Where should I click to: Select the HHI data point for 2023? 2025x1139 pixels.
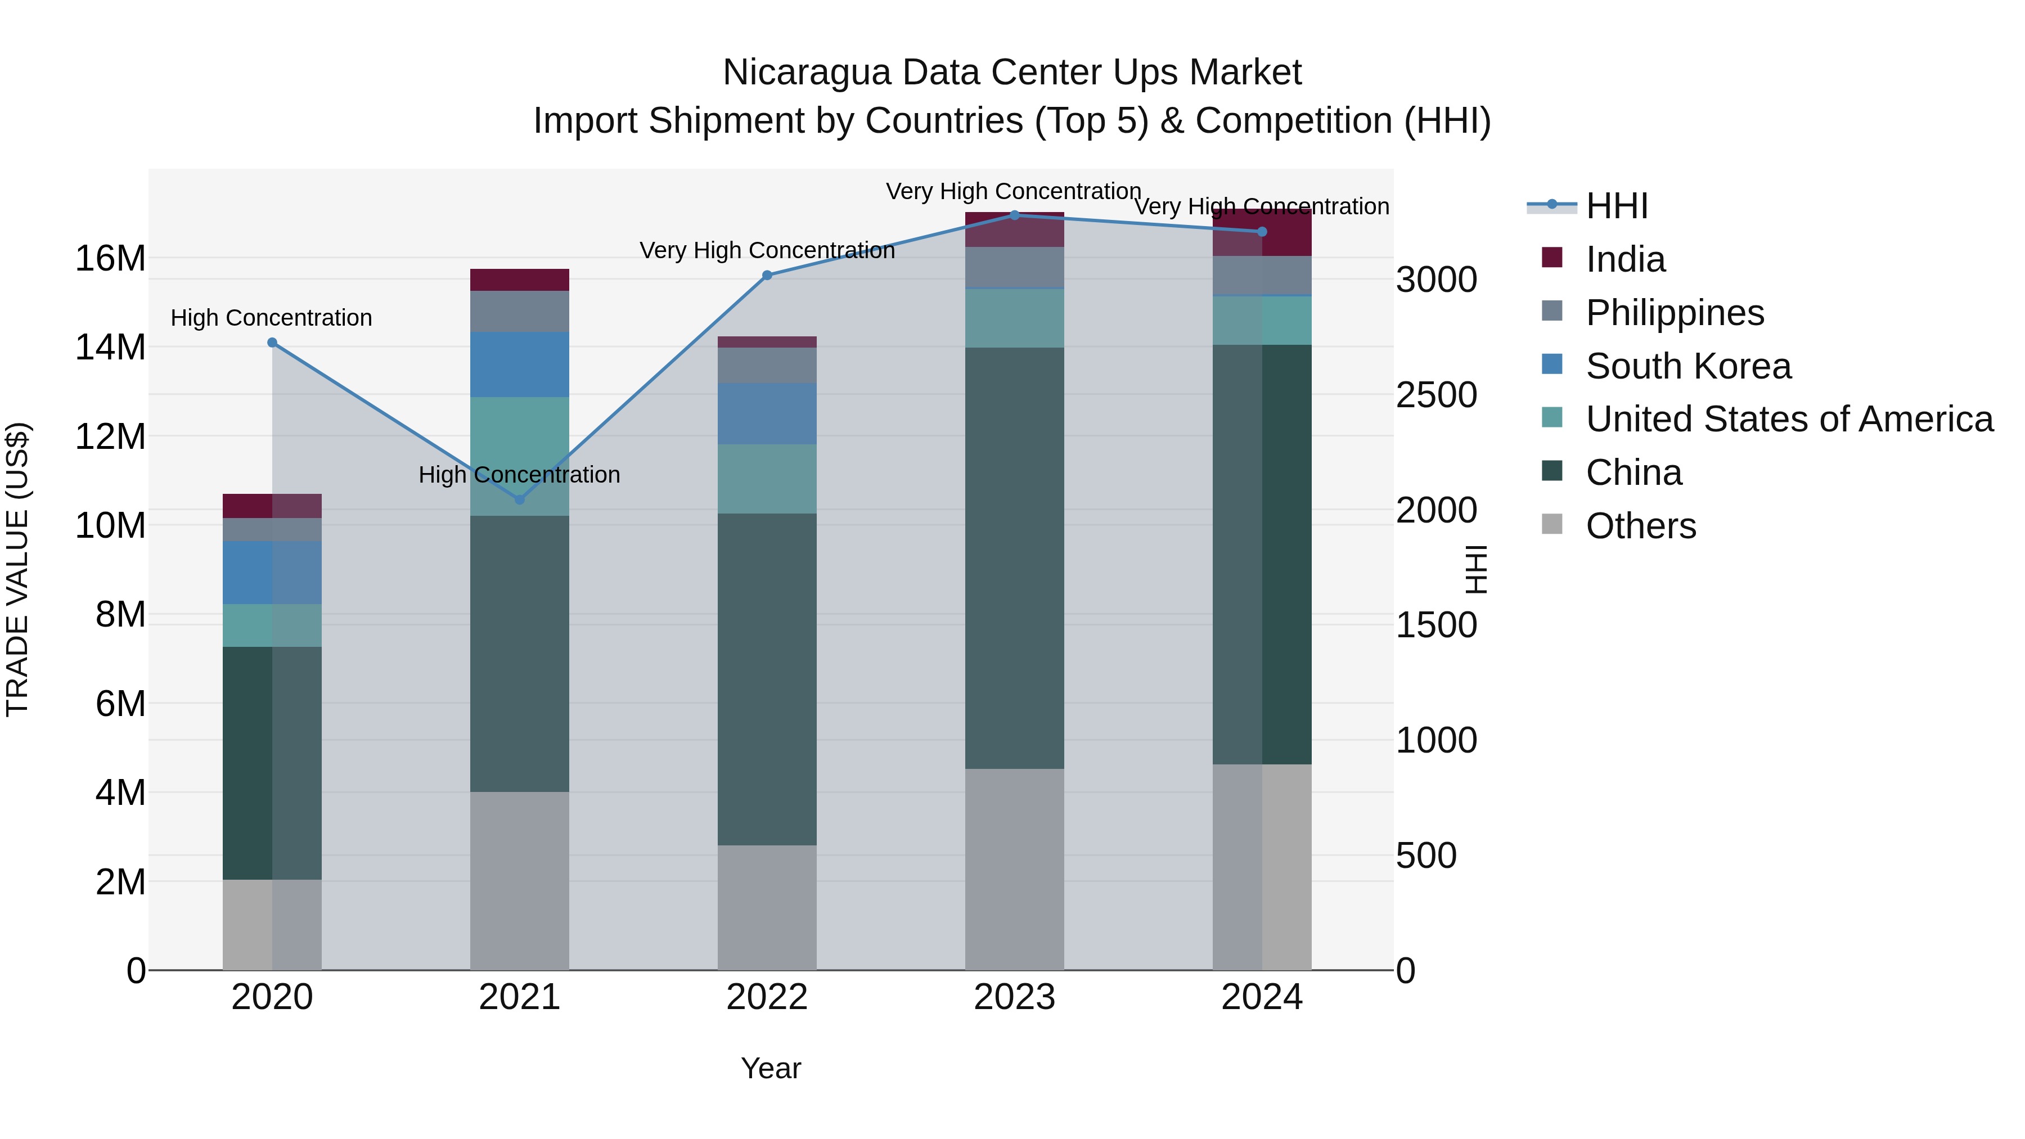tap(1014, 215)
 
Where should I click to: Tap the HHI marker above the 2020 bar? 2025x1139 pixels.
tap(272, 342)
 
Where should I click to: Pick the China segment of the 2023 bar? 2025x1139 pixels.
tap(1014, 558)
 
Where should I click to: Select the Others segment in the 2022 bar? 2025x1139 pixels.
tap(767, 907)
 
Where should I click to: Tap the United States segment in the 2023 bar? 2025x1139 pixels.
tap(1014, 318)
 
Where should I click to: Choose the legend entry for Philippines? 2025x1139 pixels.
tap(1675, 312)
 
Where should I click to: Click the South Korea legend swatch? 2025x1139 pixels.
tap(1552, 364)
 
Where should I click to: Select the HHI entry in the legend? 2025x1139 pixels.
tap(1616, 206)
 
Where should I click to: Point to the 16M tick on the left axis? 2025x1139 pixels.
tap(110, 258)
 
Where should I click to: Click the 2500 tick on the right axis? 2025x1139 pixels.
tap(1435, 395)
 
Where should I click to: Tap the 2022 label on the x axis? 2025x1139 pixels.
tap(767, 997)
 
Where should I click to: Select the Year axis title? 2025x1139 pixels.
tap(771, 1068)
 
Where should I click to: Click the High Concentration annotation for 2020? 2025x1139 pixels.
tap(271, 318)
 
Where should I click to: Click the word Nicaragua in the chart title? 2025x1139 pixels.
tap(805, 73)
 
